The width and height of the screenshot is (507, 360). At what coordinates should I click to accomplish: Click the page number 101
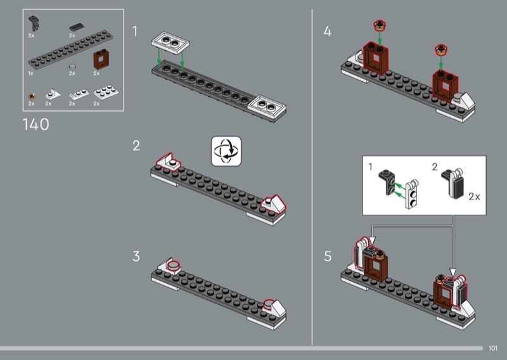[494, 347]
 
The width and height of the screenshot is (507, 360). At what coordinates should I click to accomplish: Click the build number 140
[35, 125]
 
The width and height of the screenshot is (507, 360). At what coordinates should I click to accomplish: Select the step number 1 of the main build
[136, 31]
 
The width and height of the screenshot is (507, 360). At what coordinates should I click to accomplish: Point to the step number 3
[136, 257]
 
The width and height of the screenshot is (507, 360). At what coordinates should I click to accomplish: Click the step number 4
[328, 31]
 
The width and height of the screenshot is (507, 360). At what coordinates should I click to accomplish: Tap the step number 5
[328, 257]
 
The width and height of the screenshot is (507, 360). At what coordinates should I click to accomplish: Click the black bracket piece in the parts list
[34, 24]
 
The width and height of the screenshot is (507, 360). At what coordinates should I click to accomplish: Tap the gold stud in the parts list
[31, 96]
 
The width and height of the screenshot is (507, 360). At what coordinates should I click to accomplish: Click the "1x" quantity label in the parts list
[30, 74]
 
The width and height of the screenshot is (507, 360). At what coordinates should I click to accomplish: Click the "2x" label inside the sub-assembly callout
[473, 197]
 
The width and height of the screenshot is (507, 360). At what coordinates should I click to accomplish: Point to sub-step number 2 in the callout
[434, 167]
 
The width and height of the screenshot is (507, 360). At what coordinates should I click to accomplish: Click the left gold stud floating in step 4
[379, 26]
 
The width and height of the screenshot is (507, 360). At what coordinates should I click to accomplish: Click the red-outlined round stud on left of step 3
[172, 265]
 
